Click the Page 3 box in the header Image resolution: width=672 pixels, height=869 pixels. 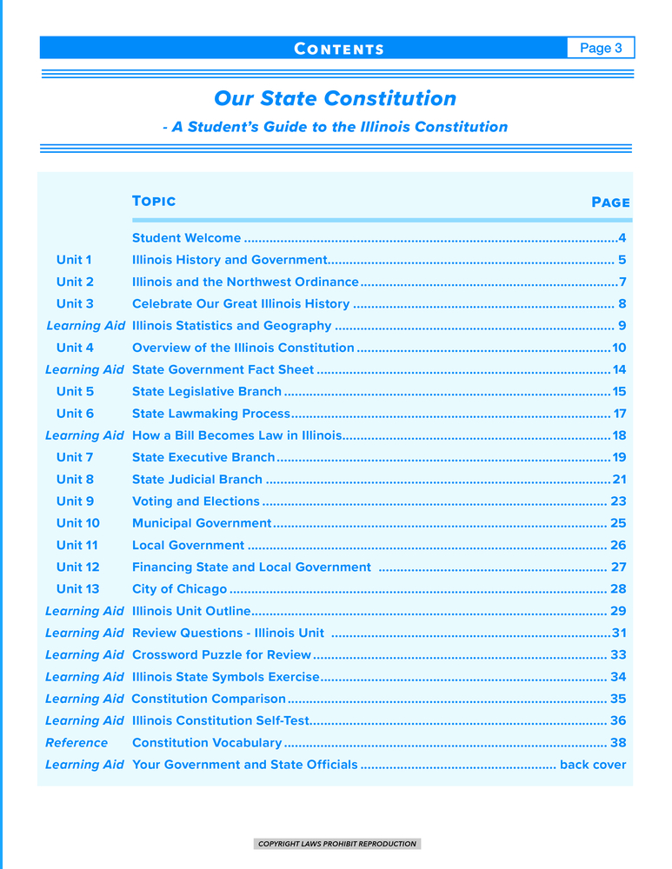[601, 48]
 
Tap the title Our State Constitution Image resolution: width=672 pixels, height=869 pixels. [335, 98]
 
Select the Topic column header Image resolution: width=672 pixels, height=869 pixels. [154, 201]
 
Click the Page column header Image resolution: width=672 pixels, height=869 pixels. [610, 202]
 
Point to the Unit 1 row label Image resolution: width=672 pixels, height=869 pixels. [75, 259]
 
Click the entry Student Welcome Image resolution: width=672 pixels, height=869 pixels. [186, 237]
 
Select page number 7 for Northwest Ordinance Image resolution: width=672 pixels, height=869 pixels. [622, 282]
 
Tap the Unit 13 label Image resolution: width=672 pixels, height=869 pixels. [78, 588]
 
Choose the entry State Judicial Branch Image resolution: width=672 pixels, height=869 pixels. [196, 479]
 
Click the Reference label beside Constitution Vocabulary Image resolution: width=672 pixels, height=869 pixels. [77, 742]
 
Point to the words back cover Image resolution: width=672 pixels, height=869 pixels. [593, 765]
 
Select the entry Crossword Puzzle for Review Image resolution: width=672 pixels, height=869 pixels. [221, 654]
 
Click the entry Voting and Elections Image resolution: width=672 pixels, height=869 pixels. [196, 501]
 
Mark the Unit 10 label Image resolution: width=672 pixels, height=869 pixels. [78, 522]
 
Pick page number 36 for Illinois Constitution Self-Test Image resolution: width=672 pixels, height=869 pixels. [618, 720]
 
